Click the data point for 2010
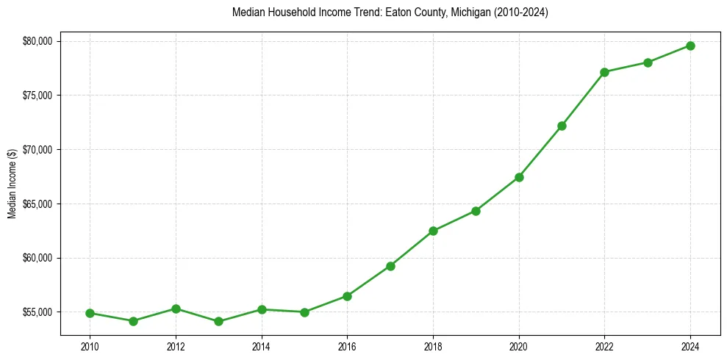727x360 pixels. click(90, 313)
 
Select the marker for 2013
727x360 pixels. click(218, 321)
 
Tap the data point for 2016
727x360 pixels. click(347, 296)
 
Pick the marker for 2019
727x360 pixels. click(476, 211)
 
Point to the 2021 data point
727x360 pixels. click(562, 126)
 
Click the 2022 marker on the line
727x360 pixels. click(604, 72)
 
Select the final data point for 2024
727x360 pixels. click(690, 46)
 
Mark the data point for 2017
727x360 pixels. click(390, 266)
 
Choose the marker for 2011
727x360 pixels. click(133, 321)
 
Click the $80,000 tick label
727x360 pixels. click(37, 41)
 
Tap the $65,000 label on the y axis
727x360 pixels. click(37, 204)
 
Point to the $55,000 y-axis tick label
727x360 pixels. click(37, 312)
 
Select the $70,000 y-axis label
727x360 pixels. click(37, 149)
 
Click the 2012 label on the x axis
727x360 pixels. click(176, 345)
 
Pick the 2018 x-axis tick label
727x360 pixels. click(433, 345)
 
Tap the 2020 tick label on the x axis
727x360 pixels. click(519, 345)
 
